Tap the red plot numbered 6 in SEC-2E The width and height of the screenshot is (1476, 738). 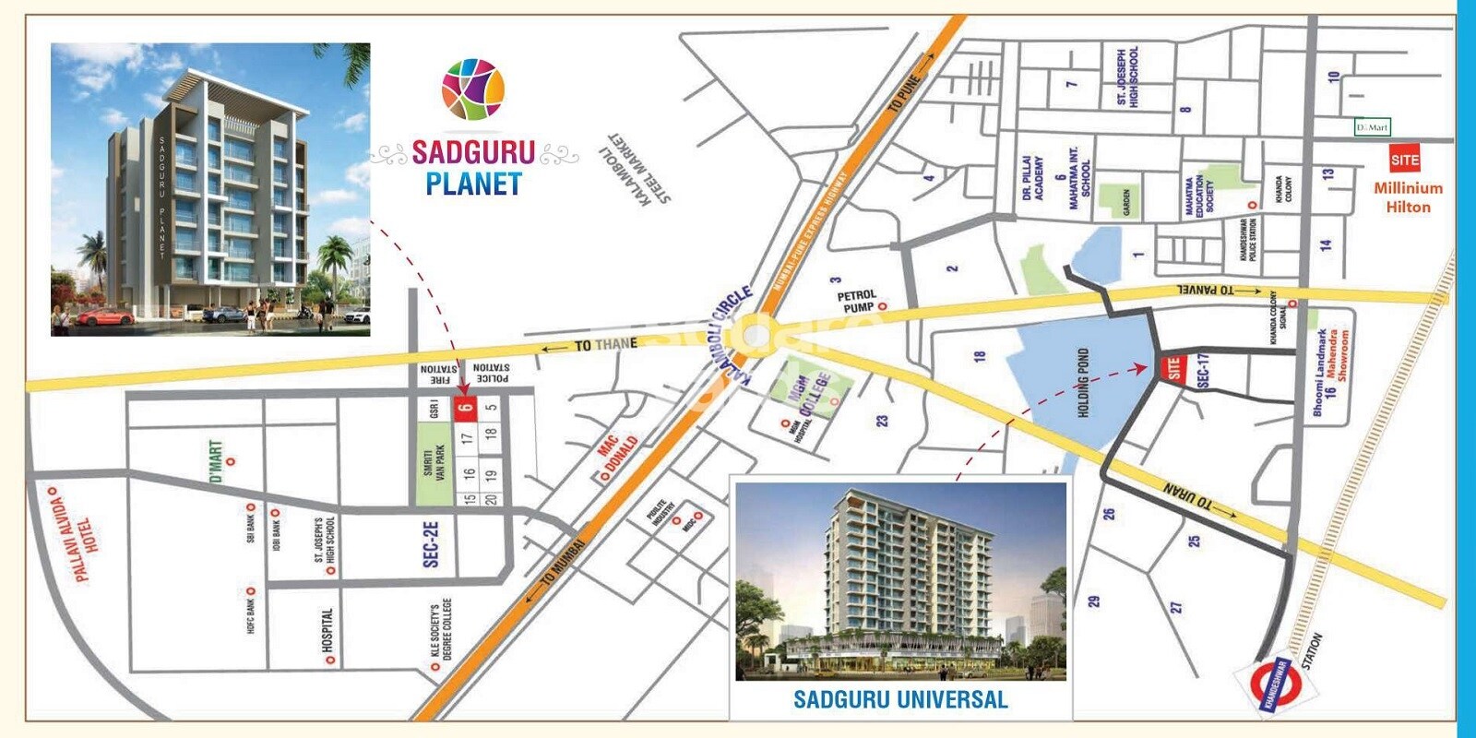tap(467, 408)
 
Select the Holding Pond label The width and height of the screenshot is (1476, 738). tap(1084, 382)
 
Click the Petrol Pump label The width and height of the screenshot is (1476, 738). tap(857, 302)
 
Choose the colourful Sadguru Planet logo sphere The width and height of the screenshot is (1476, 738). tap(473, 89)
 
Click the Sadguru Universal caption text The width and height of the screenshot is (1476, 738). tap(900, 699)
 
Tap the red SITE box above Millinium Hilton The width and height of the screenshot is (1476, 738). tap(1404, 160)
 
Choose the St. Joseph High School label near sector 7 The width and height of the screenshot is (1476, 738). tap(1127, 77)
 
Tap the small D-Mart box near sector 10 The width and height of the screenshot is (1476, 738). tap(1372, 127)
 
